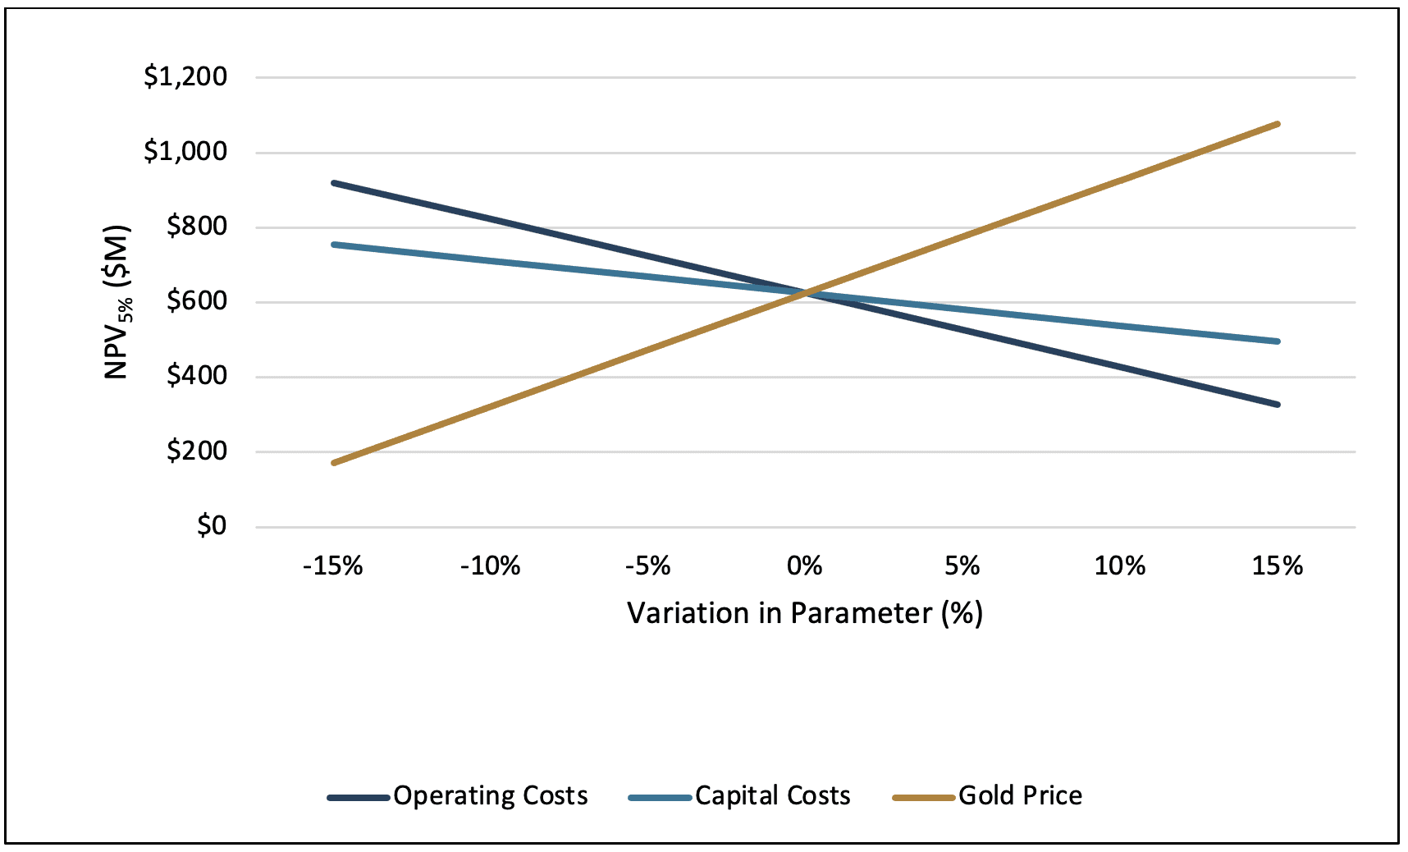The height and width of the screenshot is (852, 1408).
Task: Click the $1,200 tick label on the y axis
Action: coord(185,77)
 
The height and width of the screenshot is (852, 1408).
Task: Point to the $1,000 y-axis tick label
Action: coord(185,152)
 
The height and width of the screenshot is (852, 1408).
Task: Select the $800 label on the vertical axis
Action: coord(197,227)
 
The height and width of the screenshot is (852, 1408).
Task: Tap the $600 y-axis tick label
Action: coord(197,301)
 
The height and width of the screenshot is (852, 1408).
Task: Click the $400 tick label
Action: coord(197,376)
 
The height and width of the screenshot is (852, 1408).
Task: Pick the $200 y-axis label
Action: coord(197,451)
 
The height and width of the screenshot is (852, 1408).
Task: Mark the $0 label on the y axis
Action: coord(212,525)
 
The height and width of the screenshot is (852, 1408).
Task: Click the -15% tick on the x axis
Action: coord(332,566)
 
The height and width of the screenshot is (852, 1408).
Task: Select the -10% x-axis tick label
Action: coord(490,566)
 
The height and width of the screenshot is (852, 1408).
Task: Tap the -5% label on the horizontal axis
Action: coord(648,566)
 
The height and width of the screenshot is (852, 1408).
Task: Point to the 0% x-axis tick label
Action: coord(805,566)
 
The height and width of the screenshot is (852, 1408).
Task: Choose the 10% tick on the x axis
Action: coord(1120,566)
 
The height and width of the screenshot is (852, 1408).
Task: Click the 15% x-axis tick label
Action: coord(1278,566)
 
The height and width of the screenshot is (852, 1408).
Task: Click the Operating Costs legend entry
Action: coord(458,796)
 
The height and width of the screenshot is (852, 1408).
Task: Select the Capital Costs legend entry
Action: coord(739,796)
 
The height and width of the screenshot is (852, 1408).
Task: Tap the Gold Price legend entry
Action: coord(988,796)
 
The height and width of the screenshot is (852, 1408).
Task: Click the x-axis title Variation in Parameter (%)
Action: coord(805,613)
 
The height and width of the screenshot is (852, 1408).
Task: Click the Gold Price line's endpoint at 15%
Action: coord(1278,124)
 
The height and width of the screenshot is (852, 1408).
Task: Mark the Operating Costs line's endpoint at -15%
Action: coord(333,182)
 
